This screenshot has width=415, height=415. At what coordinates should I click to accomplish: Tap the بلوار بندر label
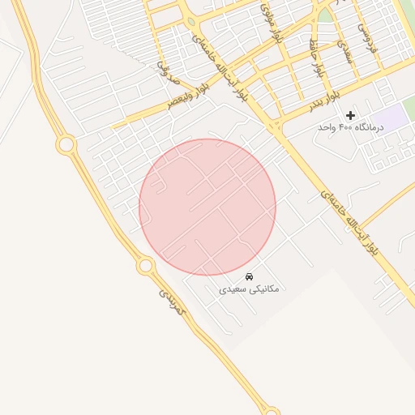(x=323, y=103)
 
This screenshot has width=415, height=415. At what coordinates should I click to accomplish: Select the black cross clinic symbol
(x=350, y=115)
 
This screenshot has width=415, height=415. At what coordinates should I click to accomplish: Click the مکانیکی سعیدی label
(x=249, y=288)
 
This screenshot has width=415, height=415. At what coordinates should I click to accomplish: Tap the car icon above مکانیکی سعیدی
(x=249, y=276)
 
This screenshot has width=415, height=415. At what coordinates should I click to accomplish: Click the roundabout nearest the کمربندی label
(x=146, y=265)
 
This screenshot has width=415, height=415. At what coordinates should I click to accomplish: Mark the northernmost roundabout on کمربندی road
(x=66, y=145)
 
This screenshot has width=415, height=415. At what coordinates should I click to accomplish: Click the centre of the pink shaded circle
(x=207, y=207)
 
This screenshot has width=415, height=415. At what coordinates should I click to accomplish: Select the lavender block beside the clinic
(x=391, y=118)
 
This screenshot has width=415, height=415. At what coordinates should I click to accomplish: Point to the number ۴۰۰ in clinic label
(x=346, y=127)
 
